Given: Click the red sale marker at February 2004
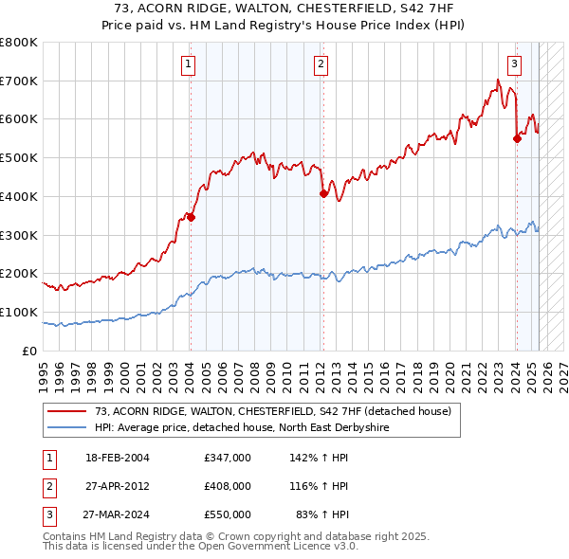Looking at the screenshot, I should click(x=191, y=217).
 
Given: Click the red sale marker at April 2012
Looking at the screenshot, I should click(x=323, y=193).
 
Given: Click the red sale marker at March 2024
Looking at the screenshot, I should click(x=517, y=138).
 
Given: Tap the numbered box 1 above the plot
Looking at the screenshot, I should click(x=189, y=64).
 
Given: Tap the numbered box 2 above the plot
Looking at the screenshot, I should click(x=321, y=64).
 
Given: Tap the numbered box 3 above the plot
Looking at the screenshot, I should click(x=514, y=64).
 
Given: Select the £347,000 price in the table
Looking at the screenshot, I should click(x=227, y=457).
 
